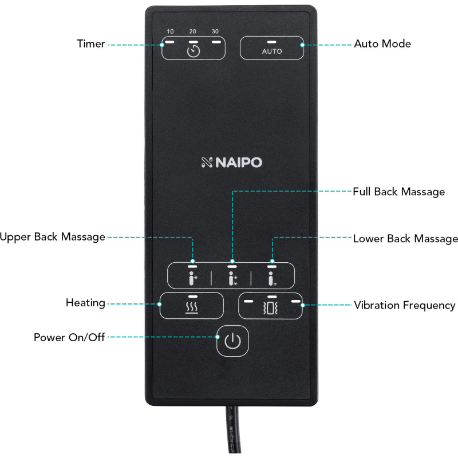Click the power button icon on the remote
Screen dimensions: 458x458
pyautogui.click(x=232, y=341)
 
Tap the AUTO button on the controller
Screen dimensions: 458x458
pyautogui.click(x=272, y=51)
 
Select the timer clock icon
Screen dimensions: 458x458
pyautogui.click(x=194, y=52)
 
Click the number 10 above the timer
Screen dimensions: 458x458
pyautogui.click(x=170, y=31)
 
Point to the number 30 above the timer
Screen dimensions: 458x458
pyautogui.click(x=215, y=31)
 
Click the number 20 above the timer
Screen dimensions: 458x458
pyautogui.click(x=193, y=31)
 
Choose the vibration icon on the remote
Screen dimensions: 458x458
pyautogui.click(x=271, y=309)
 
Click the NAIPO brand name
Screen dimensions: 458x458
pyautogui.click(x=232, y=163)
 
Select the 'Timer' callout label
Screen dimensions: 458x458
pyautogui.click(x=91, y=44)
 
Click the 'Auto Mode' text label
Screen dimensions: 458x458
pyautogui.click(x=382, y=44)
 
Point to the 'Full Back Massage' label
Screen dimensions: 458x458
pyautogui.click(x=398, y=192)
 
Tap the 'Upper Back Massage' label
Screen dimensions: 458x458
pyautogui.click(x=53, y=236)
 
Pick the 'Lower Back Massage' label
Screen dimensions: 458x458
pyautogui.click(x=405, y=238)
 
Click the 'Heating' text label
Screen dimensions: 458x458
pyautogui.click(x=85, y=303)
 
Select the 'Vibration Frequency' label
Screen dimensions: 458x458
pyautogui.click(x=404, y=305)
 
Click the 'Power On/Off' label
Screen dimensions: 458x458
pyautogui.click(x=69, y=337)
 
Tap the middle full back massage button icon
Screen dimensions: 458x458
pyautogui.click(x=232, y=279)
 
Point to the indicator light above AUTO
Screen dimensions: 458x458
pyautogui.click(x=271, y=42)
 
